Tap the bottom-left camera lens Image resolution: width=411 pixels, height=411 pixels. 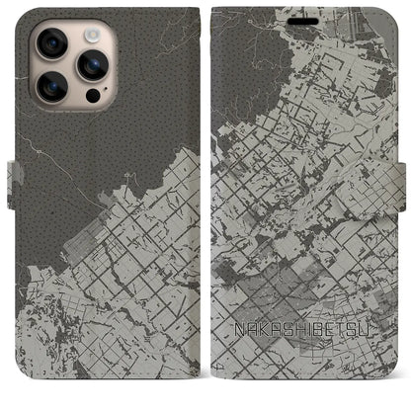[x=54, y=87]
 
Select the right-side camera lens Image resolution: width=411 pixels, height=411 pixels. [x=94, y=65]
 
